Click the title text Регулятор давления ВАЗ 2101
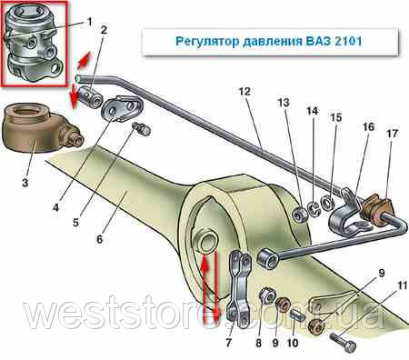tap(269, 41)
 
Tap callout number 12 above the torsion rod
tap(244, 91)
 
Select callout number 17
tap(392, 133)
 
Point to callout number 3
tap(25, 183)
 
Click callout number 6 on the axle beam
tap(100, 239)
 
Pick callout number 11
tap(402, 285)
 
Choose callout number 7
tap(229, 343)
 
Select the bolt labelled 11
tap(344, 342)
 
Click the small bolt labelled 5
tap(142, 129)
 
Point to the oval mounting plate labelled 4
tap(123, 108)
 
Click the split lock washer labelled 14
tap(314, 208)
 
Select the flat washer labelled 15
tap(328, 203)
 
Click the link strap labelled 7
tap(240, 289)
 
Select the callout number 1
tap(89, 22)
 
